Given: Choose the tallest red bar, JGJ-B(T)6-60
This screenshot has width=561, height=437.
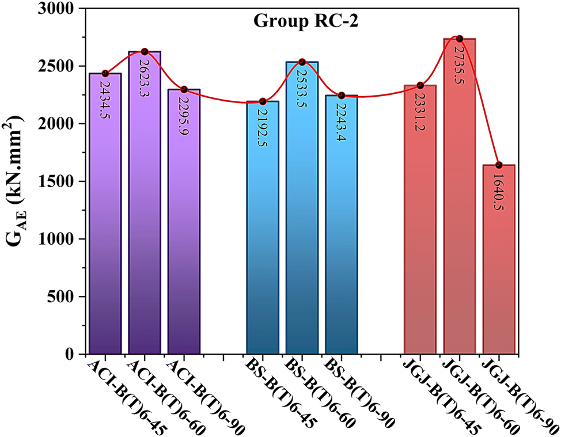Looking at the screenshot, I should (459, 219).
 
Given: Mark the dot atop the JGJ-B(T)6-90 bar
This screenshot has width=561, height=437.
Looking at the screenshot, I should (499, 165).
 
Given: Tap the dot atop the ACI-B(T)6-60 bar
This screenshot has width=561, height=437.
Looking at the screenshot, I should (145, 52).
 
